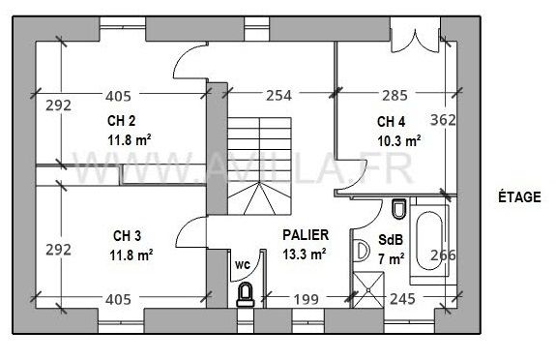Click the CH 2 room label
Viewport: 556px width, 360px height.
click(x=121, y=121)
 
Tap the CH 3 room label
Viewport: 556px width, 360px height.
click(x=127, y=235)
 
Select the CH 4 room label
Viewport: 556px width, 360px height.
click(x=391, y=122)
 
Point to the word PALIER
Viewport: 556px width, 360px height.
click(x=306, y=234)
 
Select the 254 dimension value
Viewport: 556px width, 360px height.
click(x=278, y=96)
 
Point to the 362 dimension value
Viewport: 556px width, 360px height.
click(x=443, y=121)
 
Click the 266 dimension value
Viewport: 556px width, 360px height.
click(x=443, y=256)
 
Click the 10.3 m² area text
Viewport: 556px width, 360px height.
click(x=398, y=140)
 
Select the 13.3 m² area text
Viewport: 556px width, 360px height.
click(x=304, y=255)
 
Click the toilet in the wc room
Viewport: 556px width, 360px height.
click(x=247, y=294)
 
